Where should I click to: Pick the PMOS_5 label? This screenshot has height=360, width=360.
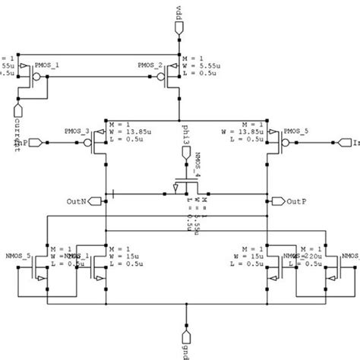pyautogui.click(x=295, y=131)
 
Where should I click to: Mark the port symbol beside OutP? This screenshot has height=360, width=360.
pyautogui.click(x=276, y=201)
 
